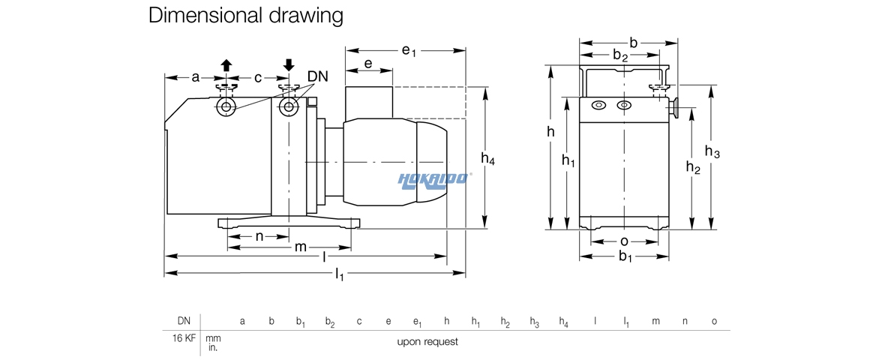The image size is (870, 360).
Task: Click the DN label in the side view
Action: pyautogui.click(x=317, y=77)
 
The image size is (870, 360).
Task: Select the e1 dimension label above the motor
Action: pyautogui.click(x=409, y=51)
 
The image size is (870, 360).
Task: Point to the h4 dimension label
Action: pyautogui.click(x=488, y=158)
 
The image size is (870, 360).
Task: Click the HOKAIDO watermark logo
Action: pyautogui.click(x=434, y=178)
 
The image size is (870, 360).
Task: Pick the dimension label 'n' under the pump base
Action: pyautogui.click(x=259, y=236)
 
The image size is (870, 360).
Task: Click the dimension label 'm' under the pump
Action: pyautogui.click(x=300, y=247)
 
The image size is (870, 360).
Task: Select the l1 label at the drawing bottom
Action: pyautogui.click(x=339, y=276)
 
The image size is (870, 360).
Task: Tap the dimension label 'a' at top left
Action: pyautogui.click(x=196, y=77)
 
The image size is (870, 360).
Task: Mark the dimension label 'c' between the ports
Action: pyautogui.click(x=258, y=77)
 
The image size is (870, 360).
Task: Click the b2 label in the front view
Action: pyautogui.click(x=620, y=55)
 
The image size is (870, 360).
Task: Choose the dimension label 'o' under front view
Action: pyautogui.click(x=624, y=241)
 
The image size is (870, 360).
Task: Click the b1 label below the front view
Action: pyautogui.click(x=625, y=257)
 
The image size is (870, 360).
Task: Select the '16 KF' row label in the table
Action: pyautogui.click(x=184, y=338)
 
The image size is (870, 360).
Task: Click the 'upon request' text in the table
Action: pyautogui.click(x=427, y=342)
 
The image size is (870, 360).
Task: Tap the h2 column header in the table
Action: pyautogui.click(x=505, y=322)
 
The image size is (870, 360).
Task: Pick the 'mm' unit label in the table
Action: pyautogui.click(x=213, y=338)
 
